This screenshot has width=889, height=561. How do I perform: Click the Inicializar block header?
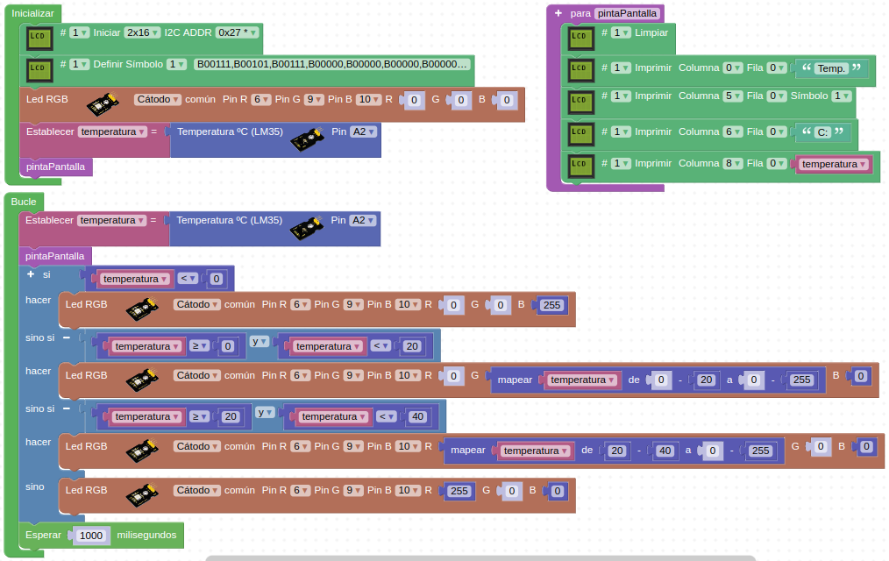(32, 14)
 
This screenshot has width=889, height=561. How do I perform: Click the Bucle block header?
(24, 202)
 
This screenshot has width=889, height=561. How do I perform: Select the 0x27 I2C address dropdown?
(238, 32)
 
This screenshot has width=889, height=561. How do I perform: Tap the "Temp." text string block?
(831, 68)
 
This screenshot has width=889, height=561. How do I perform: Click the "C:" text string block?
(822, 132)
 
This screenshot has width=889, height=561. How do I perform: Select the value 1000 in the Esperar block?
(91, 536)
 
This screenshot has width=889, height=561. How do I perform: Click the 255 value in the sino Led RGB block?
(459, 491)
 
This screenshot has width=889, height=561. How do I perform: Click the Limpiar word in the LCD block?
(651, 32)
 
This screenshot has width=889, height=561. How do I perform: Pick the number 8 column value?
(733, 164)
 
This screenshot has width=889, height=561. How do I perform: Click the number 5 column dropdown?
(733, 96)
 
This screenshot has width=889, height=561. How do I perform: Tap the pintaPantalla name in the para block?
(626, 14)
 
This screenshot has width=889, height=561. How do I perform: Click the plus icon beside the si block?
(31, 274)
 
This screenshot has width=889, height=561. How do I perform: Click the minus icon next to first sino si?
(66, 337)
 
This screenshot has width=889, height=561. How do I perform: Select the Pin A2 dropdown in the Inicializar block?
(363, 131)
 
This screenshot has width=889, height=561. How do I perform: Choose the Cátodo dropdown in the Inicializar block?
(158, 100)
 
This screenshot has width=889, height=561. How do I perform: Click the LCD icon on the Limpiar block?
(579, 36)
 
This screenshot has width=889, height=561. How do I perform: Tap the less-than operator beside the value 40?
(386, 417)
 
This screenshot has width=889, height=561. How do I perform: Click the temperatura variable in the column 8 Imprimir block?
(834, 164)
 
